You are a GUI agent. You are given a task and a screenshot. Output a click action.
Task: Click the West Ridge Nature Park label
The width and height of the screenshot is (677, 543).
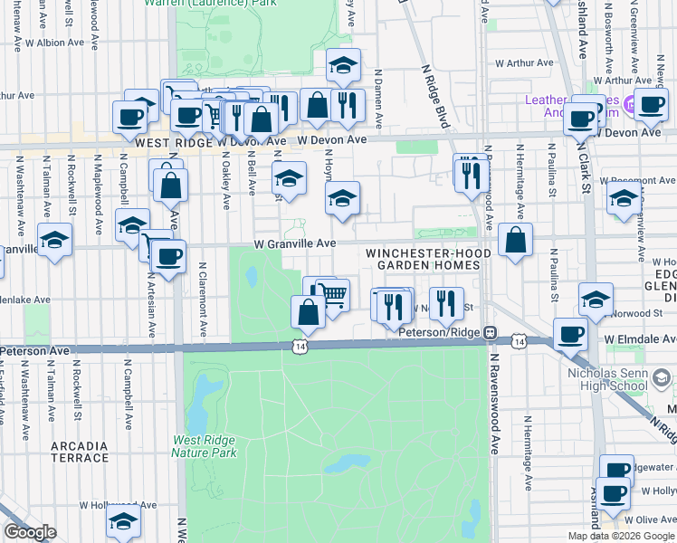205,447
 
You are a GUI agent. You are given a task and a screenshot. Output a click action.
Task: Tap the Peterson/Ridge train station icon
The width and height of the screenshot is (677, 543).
490,332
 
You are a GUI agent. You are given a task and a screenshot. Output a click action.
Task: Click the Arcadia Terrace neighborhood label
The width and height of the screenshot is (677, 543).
80,452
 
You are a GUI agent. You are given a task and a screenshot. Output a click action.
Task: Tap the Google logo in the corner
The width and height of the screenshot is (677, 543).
30,532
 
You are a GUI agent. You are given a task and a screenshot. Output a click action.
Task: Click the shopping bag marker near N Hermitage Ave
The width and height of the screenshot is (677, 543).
515,240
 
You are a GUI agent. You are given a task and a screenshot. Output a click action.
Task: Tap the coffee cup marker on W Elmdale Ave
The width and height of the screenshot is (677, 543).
570,334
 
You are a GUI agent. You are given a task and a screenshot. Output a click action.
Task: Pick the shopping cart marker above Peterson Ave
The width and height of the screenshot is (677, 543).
332,293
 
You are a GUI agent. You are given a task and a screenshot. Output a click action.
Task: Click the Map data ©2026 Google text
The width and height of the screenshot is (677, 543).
621,536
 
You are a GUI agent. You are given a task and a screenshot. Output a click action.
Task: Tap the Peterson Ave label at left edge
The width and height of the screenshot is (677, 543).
34,349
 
